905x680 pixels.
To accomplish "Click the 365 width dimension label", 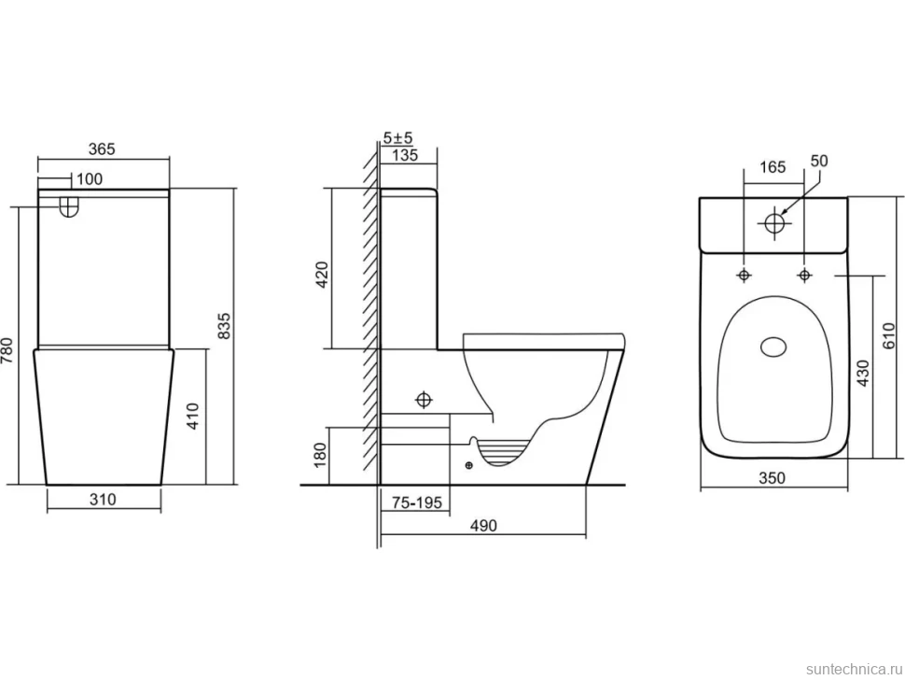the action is [x=102, y=149].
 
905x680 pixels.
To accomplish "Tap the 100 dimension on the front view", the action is [x=90, y=179].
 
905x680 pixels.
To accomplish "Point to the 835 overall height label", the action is [x=225, y=327].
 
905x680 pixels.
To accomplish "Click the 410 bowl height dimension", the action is [x=193, y=417].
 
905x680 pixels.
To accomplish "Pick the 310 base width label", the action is [x=103, y=499].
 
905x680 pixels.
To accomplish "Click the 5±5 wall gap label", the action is [x=398, y=138].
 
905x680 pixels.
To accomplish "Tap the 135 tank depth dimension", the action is [x=405, y=155].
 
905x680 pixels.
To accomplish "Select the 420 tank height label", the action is [x=322, y=275].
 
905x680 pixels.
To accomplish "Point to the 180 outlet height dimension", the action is [x=320, y=455].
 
